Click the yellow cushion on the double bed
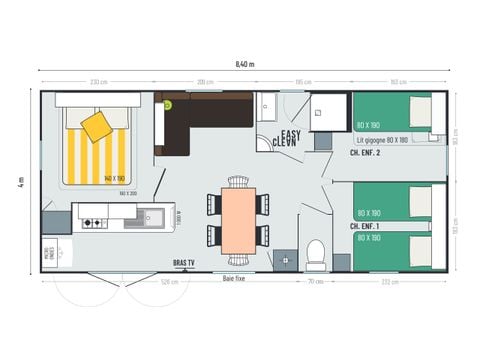pos(97,126)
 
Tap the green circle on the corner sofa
pos(168,103)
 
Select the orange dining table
pos(239,220)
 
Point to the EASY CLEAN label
pos(288,139)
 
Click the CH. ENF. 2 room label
pos(365,153)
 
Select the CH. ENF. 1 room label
pos(364,228)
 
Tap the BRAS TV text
pos(185,263)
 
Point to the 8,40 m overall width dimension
pos(245,63)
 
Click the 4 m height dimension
pos(20,182)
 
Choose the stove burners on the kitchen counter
pos(92,222)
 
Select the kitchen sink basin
pos(154,216)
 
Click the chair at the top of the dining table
pos(238,182)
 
